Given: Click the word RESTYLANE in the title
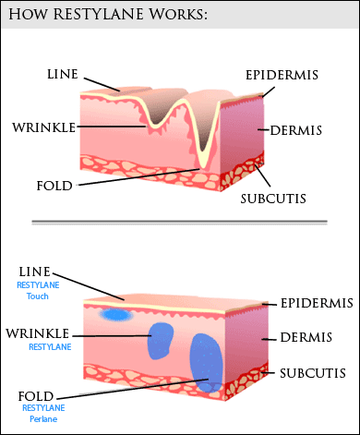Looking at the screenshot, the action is (x=98, y=14).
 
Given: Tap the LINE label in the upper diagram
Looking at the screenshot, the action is (x=63, y=74).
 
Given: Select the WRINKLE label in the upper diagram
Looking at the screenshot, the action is (x=43, y=127).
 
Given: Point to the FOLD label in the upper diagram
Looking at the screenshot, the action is (x=54, y=186).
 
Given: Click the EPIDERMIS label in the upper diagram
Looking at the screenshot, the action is (x=282, y=75).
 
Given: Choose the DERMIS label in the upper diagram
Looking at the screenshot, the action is (x=296, y=130).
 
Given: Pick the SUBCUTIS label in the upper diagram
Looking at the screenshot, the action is (x=273, y=199).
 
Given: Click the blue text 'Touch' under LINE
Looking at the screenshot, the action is (x=38, y=296).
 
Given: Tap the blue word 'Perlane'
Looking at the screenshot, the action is (x=43, y=419).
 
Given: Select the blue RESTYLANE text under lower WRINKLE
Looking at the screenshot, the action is (x=50, y=347).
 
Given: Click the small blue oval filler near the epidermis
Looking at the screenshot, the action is (x=116, y=315).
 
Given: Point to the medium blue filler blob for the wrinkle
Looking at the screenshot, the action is (x=161, y=341).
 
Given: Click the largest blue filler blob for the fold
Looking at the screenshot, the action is (x=206, y=363).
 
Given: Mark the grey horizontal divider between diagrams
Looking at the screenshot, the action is (x=179, y=222).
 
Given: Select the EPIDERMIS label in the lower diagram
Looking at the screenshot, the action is (x=317, y=304).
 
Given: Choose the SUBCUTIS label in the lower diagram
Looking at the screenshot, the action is (x=313, y=373).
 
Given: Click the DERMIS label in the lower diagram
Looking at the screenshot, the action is (x=306, y=337).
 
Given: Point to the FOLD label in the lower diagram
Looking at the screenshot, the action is (x=36, y=396).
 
